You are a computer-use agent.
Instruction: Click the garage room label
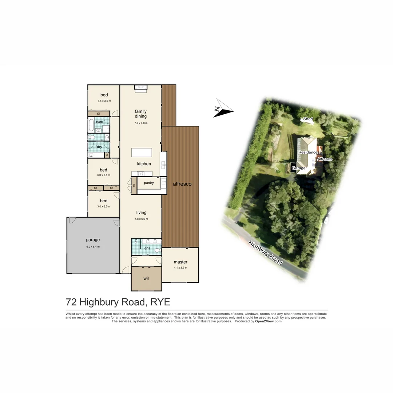93,240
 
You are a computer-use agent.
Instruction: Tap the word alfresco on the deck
182,184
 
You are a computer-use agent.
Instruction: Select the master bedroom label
180,262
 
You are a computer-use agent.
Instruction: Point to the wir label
146,278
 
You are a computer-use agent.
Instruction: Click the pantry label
149,183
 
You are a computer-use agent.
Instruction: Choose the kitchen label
144,164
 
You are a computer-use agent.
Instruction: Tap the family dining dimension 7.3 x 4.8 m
140,123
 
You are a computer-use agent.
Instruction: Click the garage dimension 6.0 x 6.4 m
93,246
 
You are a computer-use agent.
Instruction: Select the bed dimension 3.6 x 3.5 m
104,101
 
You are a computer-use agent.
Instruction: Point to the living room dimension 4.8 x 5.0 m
141,219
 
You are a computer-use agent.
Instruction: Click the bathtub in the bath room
91,125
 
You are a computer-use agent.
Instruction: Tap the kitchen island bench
142,152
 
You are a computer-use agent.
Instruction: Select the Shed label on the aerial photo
308,119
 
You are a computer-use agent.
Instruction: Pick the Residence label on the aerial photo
308,152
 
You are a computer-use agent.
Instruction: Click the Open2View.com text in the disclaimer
268,321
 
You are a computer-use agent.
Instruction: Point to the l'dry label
99,147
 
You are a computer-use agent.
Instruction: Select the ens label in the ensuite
147,248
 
